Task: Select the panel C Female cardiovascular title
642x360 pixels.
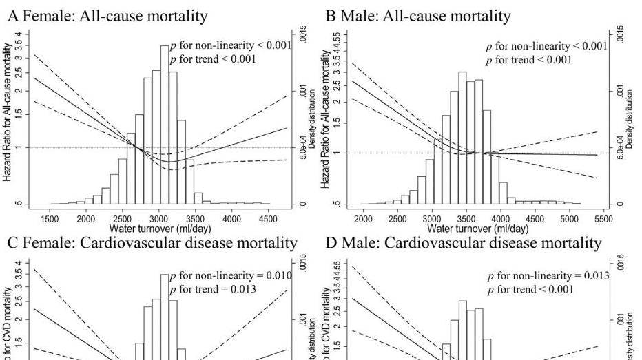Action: point(152,243)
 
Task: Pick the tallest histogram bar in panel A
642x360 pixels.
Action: point(165,124)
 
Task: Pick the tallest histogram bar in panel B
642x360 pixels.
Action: point(462,138)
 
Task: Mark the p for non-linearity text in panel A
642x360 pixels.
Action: point(221,46)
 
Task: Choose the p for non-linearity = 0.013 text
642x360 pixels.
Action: point(548,276)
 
